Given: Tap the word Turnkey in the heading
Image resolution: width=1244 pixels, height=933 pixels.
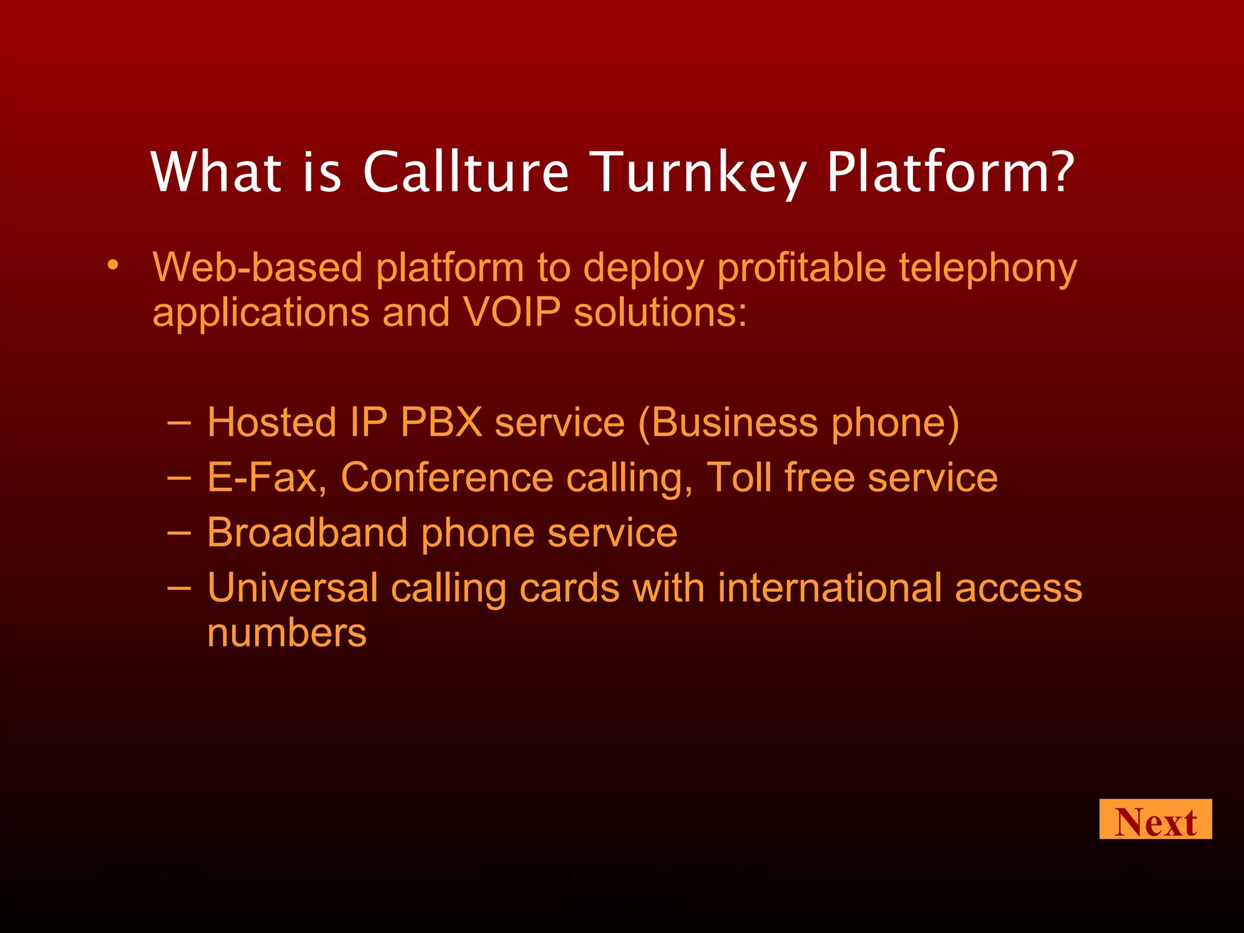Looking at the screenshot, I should tap(698, 173).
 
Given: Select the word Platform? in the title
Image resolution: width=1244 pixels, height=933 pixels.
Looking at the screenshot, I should tap(951, 173).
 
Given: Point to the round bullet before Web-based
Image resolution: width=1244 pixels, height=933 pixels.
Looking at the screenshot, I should tap(112, 265).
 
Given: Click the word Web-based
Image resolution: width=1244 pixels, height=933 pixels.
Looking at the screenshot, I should tap(258, 268).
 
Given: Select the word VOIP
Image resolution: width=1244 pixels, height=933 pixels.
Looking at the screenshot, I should tap(511, 312).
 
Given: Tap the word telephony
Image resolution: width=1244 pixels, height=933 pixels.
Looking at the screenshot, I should tap(988, 269).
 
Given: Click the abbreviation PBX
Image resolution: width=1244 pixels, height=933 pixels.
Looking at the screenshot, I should tap(442, 422).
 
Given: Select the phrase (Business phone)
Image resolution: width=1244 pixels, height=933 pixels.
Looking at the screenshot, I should tap(799, 423).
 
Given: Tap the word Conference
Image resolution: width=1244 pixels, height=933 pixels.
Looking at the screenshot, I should tap(447, 477).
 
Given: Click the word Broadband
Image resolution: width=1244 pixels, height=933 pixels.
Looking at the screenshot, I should tap(307, 533).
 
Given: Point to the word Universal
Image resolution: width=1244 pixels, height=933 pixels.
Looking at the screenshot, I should tap(292, 588).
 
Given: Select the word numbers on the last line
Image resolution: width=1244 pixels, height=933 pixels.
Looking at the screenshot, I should tap(287, 633).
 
